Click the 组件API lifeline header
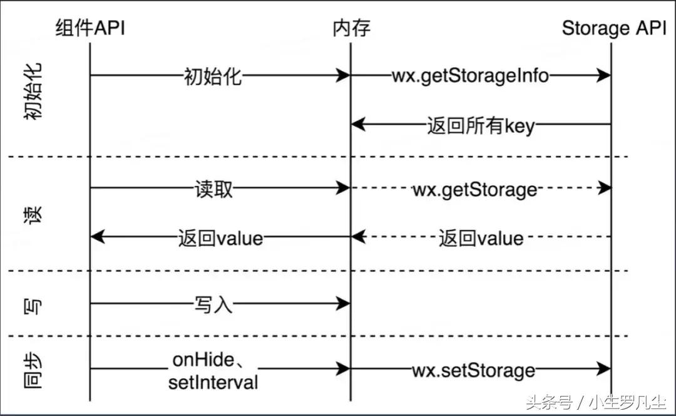tap(90, 28)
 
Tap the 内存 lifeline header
tap(351, 28)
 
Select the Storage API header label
tap(614, 28)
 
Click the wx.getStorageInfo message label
tap(470, 76)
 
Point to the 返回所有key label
tap(481, 125)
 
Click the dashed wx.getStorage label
tap(474, 189)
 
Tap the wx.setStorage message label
tap(473, 370)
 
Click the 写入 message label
tap(213, 305)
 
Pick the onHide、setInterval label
tap(213, 371)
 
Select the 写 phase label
tap(35, 306)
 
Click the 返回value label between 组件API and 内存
tap(220, 237)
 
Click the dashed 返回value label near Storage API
tap(481, 237)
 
